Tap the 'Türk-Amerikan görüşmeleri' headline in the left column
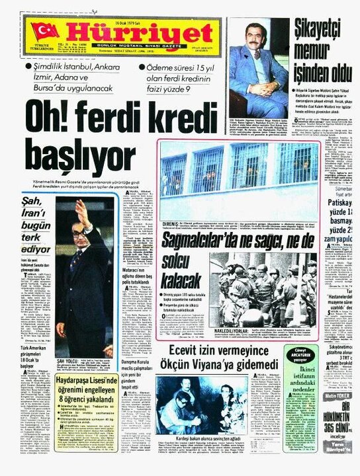[32, 354]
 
